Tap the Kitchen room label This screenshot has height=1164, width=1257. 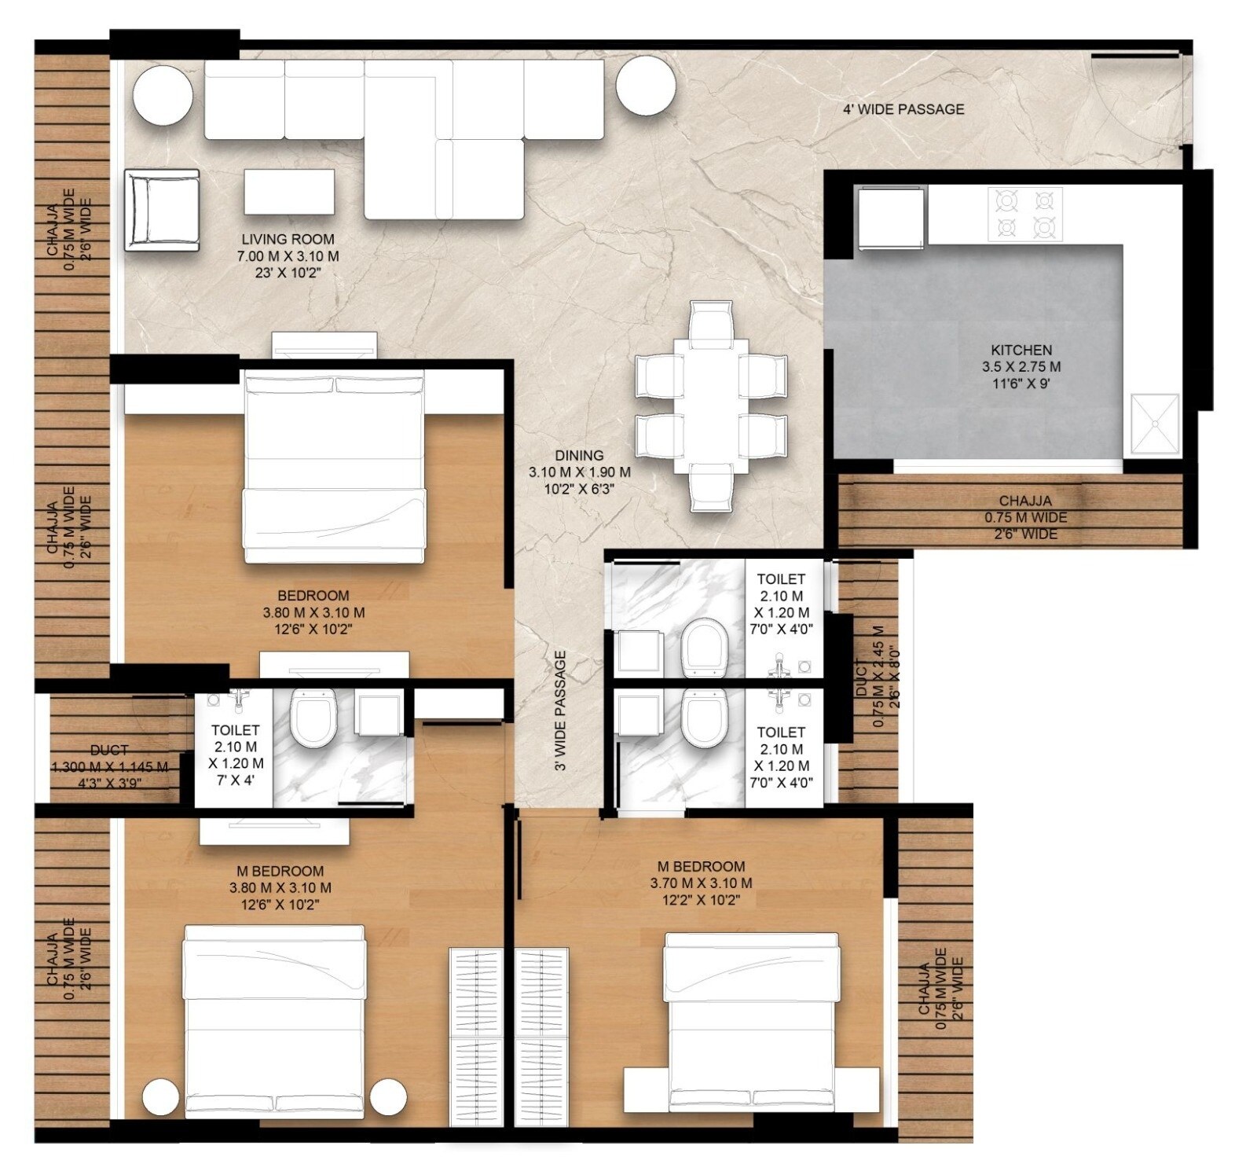(x=1021, y=366)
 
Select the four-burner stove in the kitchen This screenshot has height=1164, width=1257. (x=1024, y=214)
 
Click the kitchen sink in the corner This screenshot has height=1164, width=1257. (x=1155, y=424)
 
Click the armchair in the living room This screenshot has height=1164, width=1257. (x=162, y=210)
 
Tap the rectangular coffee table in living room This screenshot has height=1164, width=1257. (x=289, y=192)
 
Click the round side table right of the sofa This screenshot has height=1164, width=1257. (x=646, y=86)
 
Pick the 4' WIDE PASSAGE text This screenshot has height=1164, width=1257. (x=903, y=109)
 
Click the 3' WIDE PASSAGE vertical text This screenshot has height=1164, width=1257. (x=560, y=711)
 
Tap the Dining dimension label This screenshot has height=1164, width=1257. (x=579, y=472)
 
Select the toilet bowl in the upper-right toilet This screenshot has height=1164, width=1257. (x=703, y=647)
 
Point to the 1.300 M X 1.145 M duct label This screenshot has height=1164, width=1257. (x=109, y=766)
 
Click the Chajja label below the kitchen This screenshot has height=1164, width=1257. (x=1025, y=517)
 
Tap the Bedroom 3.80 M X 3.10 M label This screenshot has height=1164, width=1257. (x=313, y=612)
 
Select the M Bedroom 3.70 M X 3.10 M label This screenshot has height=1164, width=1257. (x=701, y=883)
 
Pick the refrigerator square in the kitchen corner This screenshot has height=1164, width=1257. (x=890, y=218)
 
